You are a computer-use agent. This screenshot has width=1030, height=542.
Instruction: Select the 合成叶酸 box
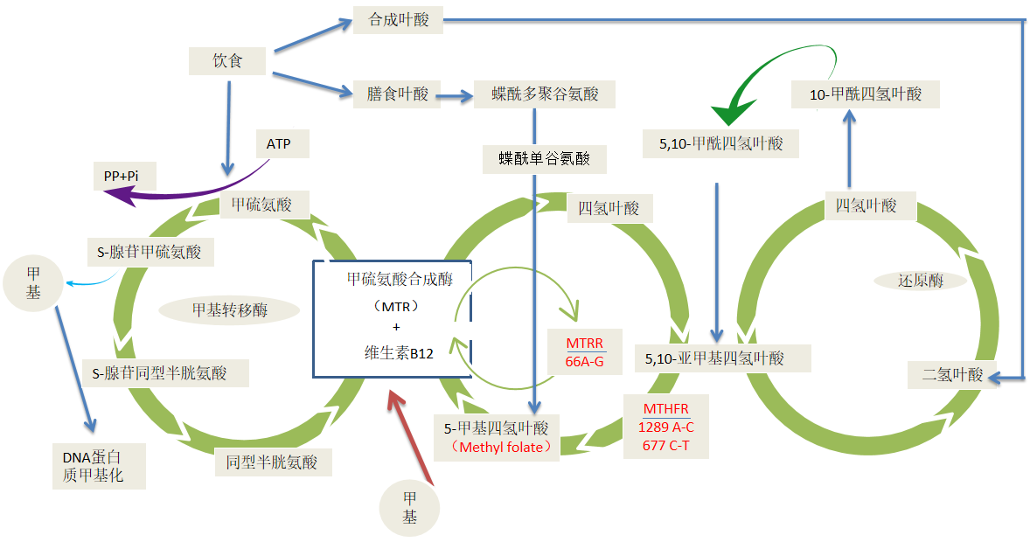point(398,19)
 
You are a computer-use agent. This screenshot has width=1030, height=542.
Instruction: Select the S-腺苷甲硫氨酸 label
point(149,253)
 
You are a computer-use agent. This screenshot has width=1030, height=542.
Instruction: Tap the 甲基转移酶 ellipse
point(229,310)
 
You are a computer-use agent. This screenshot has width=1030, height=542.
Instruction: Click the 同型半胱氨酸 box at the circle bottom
point(273,462)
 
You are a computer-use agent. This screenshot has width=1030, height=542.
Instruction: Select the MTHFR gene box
point(665,427)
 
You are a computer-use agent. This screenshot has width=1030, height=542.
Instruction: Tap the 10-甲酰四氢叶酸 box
point(865,94)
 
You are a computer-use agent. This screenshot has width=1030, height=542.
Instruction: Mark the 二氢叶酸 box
point(952,375)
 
